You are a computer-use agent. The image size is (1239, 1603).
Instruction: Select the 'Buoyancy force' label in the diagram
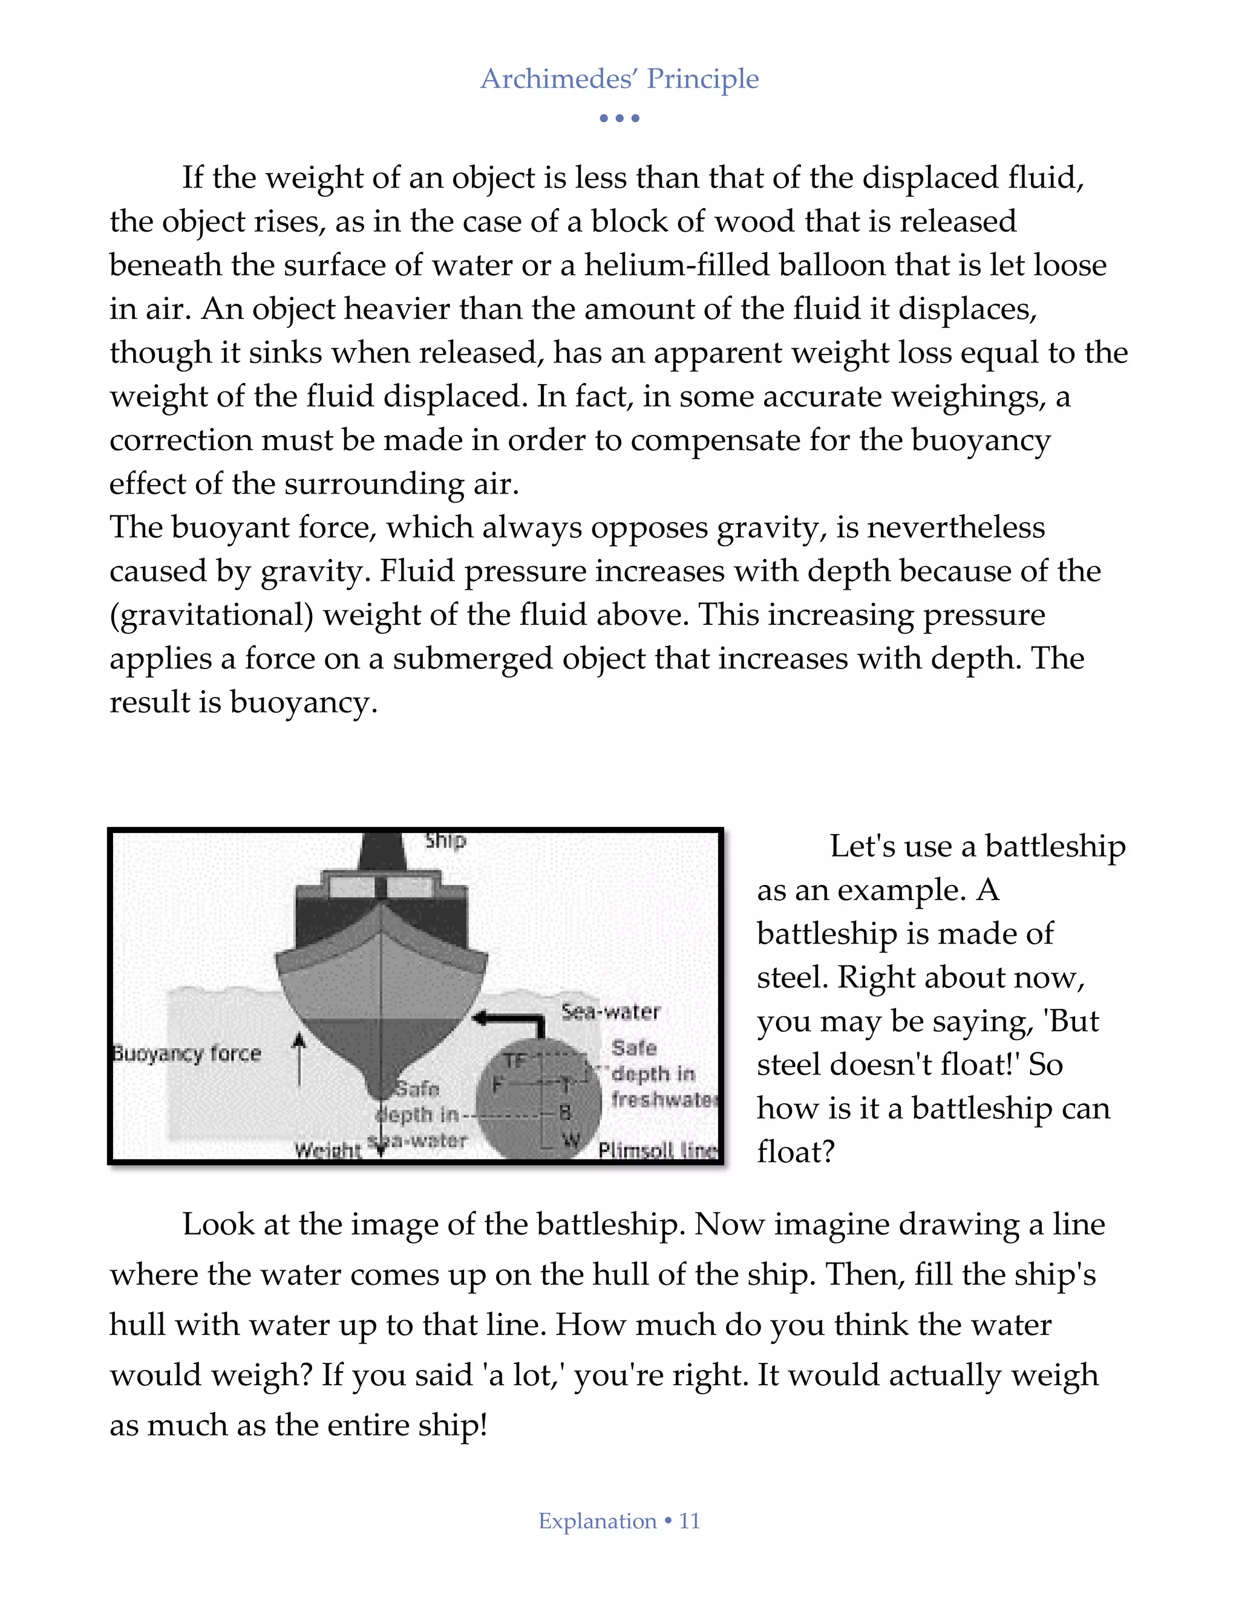187,1054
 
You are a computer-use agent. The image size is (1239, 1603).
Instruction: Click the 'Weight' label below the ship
327,1150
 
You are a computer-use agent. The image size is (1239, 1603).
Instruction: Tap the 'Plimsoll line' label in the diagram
658,1150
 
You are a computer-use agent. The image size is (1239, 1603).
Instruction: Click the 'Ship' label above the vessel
445,840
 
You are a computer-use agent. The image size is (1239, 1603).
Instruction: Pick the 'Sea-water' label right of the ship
610,1012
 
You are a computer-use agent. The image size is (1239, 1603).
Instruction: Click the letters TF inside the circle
515,1060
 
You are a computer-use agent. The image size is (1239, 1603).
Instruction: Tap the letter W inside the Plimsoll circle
571,1140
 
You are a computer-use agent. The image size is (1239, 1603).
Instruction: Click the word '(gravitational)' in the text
211,615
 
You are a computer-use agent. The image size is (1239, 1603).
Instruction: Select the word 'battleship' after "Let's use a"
1054,846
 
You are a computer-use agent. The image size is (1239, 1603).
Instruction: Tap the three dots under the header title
619,118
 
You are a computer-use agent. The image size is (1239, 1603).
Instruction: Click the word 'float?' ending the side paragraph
796,1152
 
